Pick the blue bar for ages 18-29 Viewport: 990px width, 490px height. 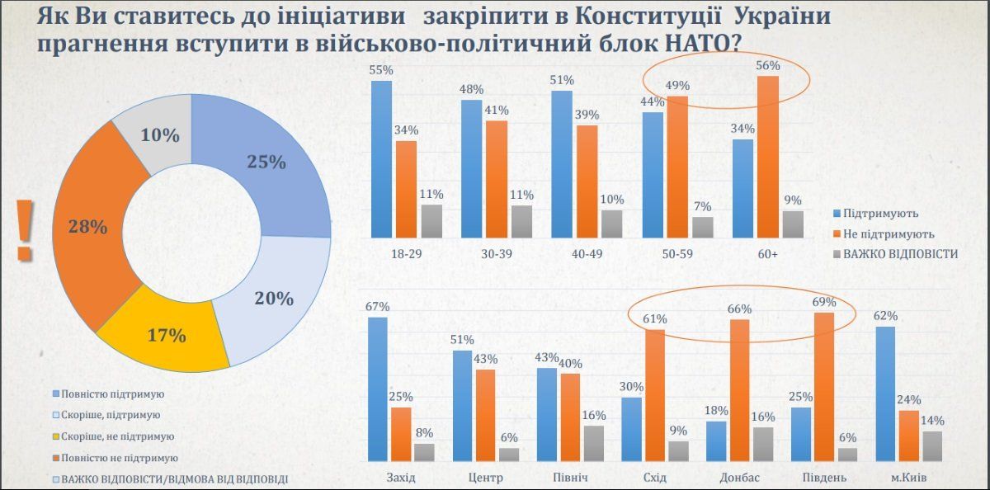381,158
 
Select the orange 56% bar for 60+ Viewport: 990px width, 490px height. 767,157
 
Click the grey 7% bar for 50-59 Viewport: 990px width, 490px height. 703,227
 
